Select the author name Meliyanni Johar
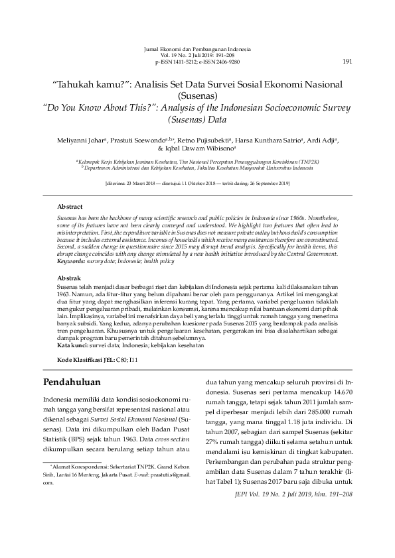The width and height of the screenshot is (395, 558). coord(77,141)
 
